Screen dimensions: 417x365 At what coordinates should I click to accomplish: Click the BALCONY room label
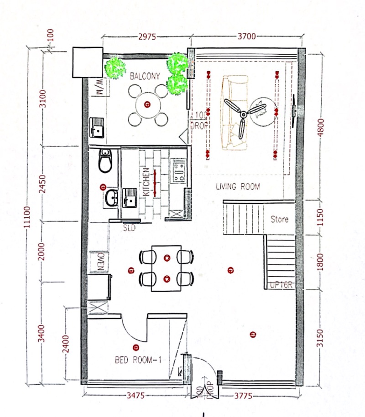coord(145,76)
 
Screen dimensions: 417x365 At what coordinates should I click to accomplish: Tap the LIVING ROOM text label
coord(238,186)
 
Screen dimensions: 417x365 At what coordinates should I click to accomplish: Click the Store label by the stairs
coord(279,219)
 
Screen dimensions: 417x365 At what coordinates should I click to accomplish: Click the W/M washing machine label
coord(99,87)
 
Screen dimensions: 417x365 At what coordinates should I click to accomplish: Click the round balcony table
coord(147,105)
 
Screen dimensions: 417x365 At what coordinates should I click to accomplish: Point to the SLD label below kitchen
coord(130,228)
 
